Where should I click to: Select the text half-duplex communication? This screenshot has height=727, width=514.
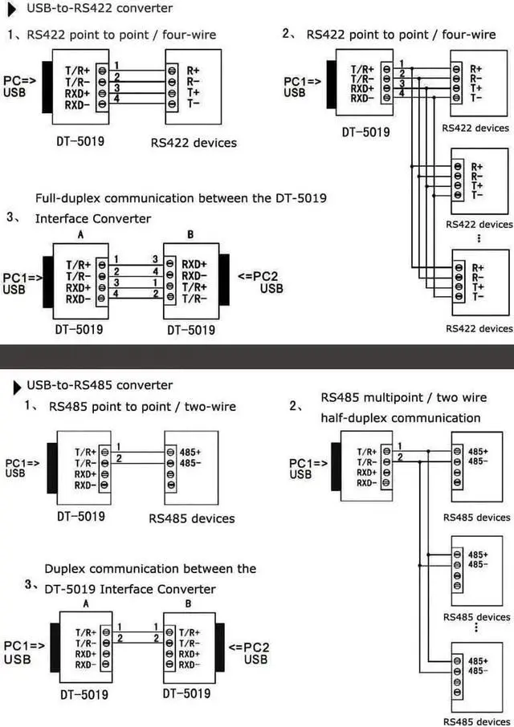click(x=400, y=417)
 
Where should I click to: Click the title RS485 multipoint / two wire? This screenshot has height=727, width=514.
click(x=403, y=397)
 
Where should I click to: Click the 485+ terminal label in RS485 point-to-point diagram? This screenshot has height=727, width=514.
click(x=191, y=452)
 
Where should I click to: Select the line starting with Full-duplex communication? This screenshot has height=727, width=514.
click(x=181, y=198)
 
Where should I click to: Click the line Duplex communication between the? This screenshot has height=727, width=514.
click(x=150, y=569)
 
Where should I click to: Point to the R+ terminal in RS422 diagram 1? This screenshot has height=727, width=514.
click(x=193, y=70)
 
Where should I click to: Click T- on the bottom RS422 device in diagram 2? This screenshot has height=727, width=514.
click(x=478, y=297)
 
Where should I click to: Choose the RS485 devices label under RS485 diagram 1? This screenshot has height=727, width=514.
click(x=192, y=518)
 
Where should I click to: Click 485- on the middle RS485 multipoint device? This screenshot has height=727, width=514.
click(x=478, y=565)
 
